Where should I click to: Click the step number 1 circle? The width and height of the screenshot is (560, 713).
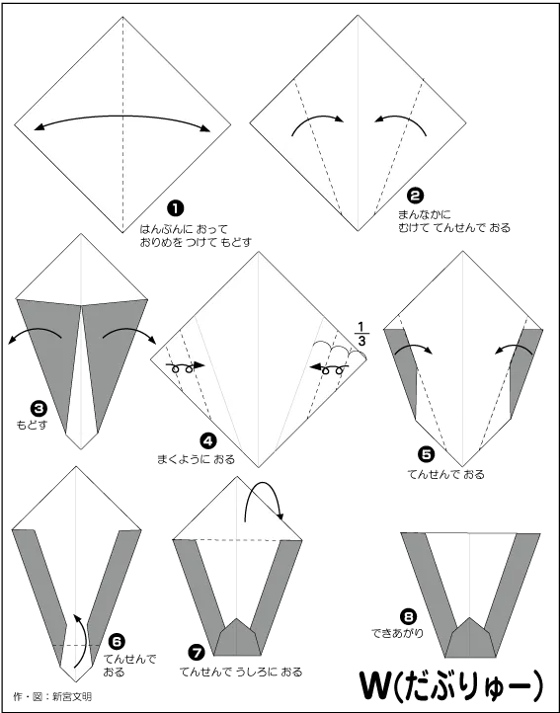coord(176,208)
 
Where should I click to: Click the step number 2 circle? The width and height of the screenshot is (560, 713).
coord(415,196)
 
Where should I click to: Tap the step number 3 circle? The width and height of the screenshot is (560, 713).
coord(39,408)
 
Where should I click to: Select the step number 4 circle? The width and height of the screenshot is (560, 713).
coord(207,440)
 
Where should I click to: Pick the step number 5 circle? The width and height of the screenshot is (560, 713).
coord(426,454)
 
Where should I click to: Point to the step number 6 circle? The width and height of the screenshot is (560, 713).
coord(117,642)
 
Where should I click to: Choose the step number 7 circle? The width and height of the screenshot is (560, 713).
coord(197,653)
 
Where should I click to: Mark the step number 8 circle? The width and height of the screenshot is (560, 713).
coord(408,617)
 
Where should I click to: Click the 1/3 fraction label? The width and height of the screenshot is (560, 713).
coord(361,334)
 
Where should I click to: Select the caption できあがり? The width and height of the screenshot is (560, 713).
coord(397,633)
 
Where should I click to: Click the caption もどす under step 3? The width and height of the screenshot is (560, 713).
coord(32,426)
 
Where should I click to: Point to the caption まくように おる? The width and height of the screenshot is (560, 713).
coord(197,459)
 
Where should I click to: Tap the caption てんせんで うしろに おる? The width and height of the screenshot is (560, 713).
coord(241,672)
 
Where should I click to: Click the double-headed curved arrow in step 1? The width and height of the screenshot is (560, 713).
coord(122,117)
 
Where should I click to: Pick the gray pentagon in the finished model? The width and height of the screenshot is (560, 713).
coord(470,637)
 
